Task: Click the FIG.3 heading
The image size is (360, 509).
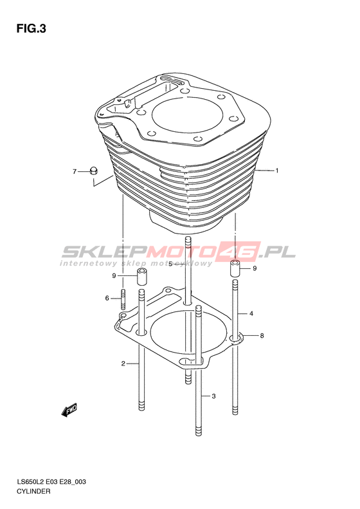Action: pyautogui.click(x=32, y=29)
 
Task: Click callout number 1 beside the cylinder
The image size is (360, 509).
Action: pyautogui.click(x=277, y=171)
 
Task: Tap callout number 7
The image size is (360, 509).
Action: pyautogui.click(x=75, y=171)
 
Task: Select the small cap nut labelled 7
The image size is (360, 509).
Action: pyautogui.click(x=94, y=171)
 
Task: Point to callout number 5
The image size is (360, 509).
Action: pyautogui.click(x=170, y=264)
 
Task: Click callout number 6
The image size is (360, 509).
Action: pyautogui.click(x=107, y=298)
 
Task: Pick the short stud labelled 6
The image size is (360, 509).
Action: pyautogui.click(x=123, y=299)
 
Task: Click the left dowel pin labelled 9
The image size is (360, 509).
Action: pyautogui.click(x=141, y=277)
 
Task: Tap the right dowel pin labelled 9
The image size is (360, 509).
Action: pyautogui.click(x=236, y=268)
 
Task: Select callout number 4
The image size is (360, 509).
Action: pyautogui.click(x=251, y=313)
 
